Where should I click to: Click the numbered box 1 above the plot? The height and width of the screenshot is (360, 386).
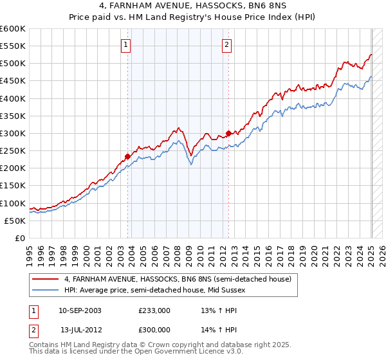coord(125,44)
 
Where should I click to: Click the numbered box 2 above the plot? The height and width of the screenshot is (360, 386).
coord(228,44)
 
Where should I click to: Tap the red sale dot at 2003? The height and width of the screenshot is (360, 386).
coord(128,156)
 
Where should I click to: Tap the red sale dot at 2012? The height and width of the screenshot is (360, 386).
coord(228,133)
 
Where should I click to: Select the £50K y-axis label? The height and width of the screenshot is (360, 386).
coord(15,221)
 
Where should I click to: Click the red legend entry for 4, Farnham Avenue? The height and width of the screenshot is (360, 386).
coord(178,279)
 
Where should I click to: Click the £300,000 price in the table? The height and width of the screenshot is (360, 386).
coord(154,329)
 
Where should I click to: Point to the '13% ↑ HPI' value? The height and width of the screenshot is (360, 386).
coord(210,310)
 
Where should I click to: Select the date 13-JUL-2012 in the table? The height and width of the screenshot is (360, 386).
coord(80,329)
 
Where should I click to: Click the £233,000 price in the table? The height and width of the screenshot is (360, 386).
coord(154,310)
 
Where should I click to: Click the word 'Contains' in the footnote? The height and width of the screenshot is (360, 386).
coord(44,345)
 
